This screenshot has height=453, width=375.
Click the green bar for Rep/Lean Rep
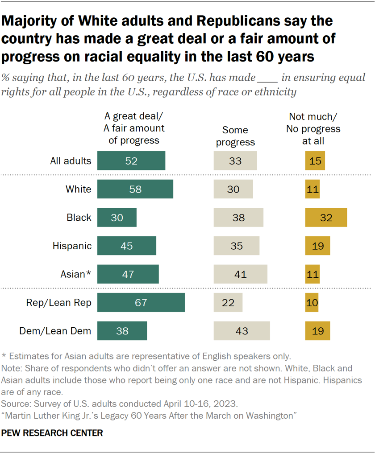pos(141,303)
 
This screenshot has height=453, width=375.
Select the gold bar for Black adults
pos(326,218)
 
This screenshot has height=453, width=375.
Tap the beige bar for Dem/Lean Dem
pos(242,331)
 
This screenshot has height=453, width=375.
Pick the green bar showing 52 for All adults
pos(131,161)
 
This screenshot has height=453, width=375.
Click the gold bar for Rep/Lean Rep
pos(312,303)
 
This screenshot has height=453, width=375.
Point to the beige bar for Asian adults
pos(240,274)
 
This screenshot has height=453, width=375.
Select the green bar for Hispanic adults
pos(127,246)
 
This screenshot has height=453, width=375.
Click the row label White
pos(78,189)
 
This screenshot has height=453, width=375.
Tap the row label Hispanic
pos(72,246)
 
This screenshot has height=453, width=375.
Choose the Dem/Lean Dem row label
pos(55,331)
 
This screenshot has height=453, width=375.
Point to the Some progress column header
pos(235,136)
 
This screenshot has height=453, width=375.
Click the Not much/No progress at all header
pos(314,129)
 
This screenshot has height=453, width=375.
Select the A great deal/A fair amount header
pos(134,129)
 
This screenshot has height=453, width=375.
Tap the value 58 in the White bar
pos(135,189)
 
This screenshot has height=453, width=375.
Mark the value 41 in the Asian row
pos(240,274)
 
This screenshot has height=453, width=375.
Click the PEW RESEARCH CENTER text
pos(52,433)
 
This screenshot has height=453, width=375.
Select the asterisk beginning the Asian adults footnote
pos(4,356)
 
